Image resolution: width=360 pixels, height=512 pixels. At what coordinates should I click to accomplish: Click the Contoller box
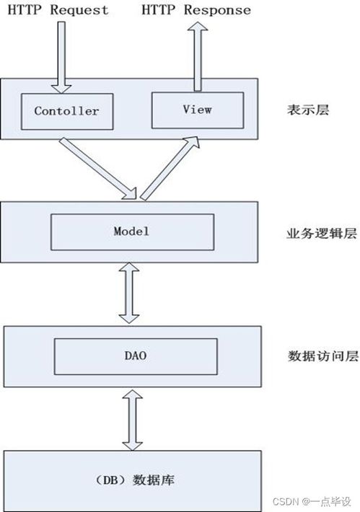pyautogui.click(x=67, y=112)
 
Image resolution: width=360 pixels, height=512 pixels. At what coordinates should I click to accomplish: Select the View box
pyautogui.click(x=198, y=110)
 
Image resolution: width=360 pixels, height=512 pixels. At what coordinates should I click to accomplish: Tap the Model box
pyautogui.click(x=132, y=232)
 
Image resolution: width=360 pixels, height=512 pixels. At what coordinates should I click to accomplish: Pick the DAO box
pyautogui.click(x=136, y=356)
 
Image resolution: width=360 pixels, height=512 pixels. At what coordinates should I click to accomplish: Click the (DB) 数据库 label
pyautogui.click(x=135, y=480)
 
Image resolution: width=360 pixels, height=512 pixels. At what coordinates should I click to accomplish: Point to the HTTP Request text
pyautogui.click(x=58, y=10)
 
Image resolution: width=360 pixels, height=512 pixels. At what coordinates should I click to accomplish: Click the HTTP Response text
pyautogui.click(x=196, y=10)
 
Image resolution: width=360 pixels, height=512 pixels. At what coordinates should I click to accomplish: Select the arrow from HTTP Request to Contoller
pyautogui.click(x=61, y=58)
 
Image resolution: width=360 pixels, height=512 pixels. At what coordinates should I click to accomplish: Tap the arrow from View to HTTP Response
pyautogui.click(x=198, y=56)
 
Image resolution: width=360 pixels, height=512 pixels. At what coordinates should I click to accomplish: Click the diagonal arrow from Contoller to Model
pyautogui.click(x=98, y=169)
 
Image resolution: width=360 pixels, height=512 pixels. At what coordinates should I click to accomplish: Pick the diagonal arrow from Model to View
pyautogui.click(x=170, y=168)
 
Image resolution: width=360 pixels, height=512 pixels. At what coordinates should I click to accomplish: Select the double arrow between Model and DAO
pyautogui.click(x=129, y=293)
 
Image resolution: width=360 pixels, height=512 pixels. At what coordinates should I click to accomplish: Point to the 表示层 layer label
pyautogui.click(x=308, y=110)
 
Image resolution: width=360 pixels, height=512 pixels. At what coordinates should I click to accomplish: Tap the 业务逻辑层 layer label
pyautogui.click(x=322, y=234)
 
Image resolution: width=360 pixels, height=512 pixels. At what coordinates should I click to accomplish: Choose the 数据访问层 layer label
pyautogui.click(x=323, y=356)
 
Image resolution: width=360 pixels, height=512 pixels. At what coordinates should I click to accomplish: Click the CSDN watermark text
pyautogui.click(x=312, y=502)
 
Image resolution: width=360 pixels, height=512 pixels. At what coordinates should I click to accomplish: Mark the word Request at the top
pyautogui.click(x=79, y=10)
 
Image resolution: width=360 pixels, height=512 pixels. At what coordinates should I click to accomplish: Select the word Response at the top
pyautogui.click(x=218, y=10)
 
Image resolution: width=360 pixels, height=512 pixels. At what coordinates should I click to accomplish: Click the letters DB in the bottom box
pyautogui.click(x=111, y=480)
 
